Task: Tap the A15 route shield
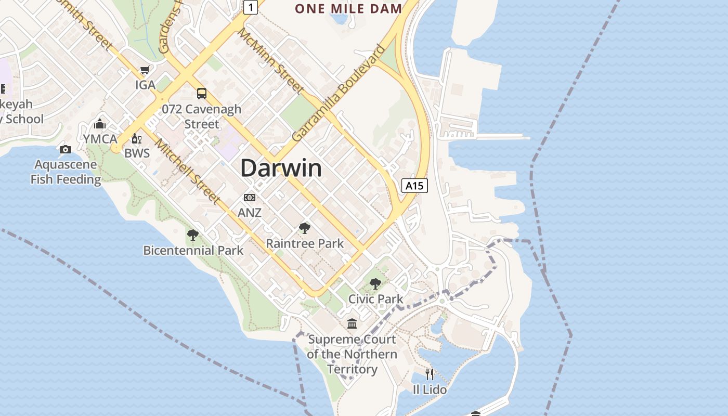tap(414, 186)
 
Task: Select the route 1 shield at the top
tap(251, 7)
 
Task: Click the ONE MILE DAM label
tap(348, 8)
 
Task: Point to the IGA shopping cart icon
tap(145, 70)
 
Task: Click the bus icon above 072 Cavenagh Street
tap(202, 94)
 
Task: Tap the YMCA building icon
tap(100, 124)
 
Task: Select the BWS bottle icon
tap(137, 139)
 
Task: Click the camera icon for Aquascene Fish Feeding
tap(66, 150)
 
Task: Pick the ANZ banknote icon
tap(250, 198)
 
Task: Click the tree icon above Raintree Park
tap(305, 228)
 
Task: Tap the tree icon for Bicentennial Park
tap(193, 235)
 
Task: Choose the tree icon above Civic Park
tap(375, 284)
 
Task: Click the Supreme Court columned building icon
tap(352, 324)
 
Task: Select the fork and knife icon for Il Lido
tap(430, 374)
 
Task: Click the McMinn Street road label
tap(271, 61)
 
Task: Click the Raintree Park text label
tap(305, 243)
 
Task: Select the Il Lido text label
tap(430, 389)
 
